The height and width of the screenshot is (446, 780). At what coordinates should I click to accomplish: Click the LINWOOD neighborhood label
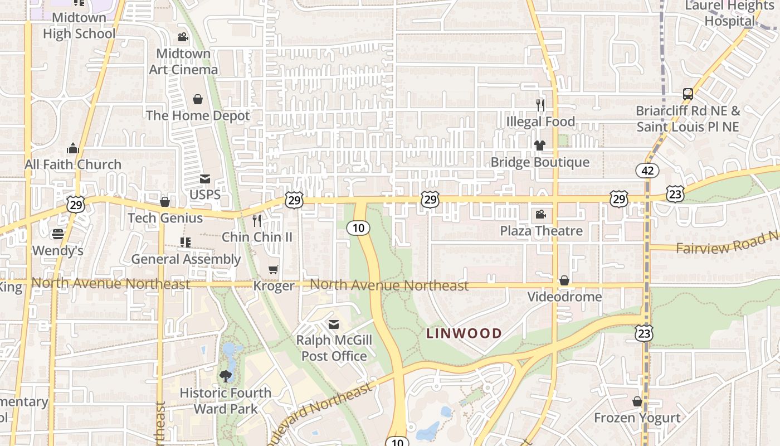[x=464, y=333]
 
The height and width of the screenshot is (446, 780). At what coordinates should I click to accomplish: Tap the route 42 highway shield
[x=647, y=171]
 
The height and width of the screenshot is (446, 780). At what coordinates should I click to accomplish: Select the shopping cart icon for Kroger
[x=274, y=270]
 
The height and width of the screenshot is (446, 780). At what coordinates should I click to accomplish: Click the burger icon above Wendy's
[x=58, y=234]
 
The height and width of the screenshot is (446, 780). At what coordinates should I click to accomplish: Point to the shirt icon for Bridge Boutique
[x=539, y=146]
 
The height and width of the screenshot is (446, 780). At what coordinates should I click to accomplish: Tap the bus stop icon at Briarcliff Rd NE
[x=688, y=94]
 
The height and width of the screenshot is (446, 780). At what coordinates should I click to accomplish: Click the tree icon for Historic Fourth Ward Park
[x=226, y=376]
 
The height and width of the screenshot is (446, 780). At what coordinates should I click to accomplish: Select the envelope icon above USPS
[x=205, y=179]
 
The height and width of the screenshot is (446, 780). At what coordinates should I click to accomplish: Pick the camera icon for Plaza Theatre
[x=540, y=215]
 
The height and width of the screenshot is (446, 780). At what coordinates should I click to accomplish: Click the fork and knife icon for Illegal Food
[x=540, y=105]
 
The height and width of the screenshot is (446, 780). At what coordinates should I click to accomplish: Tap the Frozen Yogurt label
[x=637, y=418]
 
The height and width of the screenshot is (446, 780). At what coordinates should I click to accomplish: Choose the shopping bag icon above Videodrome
[x=564, y=280]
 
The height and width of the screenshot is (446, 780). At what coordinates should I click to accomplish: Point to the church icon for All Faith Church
[x=73, y=149]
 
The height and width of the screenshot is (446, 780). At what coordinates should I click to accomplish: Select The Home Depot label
[x=198, y=115]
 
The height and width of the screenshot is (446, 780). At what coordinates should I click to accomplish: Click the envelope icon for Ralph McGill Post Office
[x=334, y=324]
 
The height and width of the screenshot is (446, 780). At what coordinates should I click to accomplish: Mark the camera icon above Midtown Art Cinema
[x=183, y=37]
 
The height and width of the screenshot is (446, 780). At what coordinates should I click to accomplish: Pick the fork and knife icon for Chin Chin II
[x=257, y=221]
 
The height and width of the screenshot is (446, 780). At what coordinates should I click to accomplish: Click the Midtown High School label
[x=79, y=26]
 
